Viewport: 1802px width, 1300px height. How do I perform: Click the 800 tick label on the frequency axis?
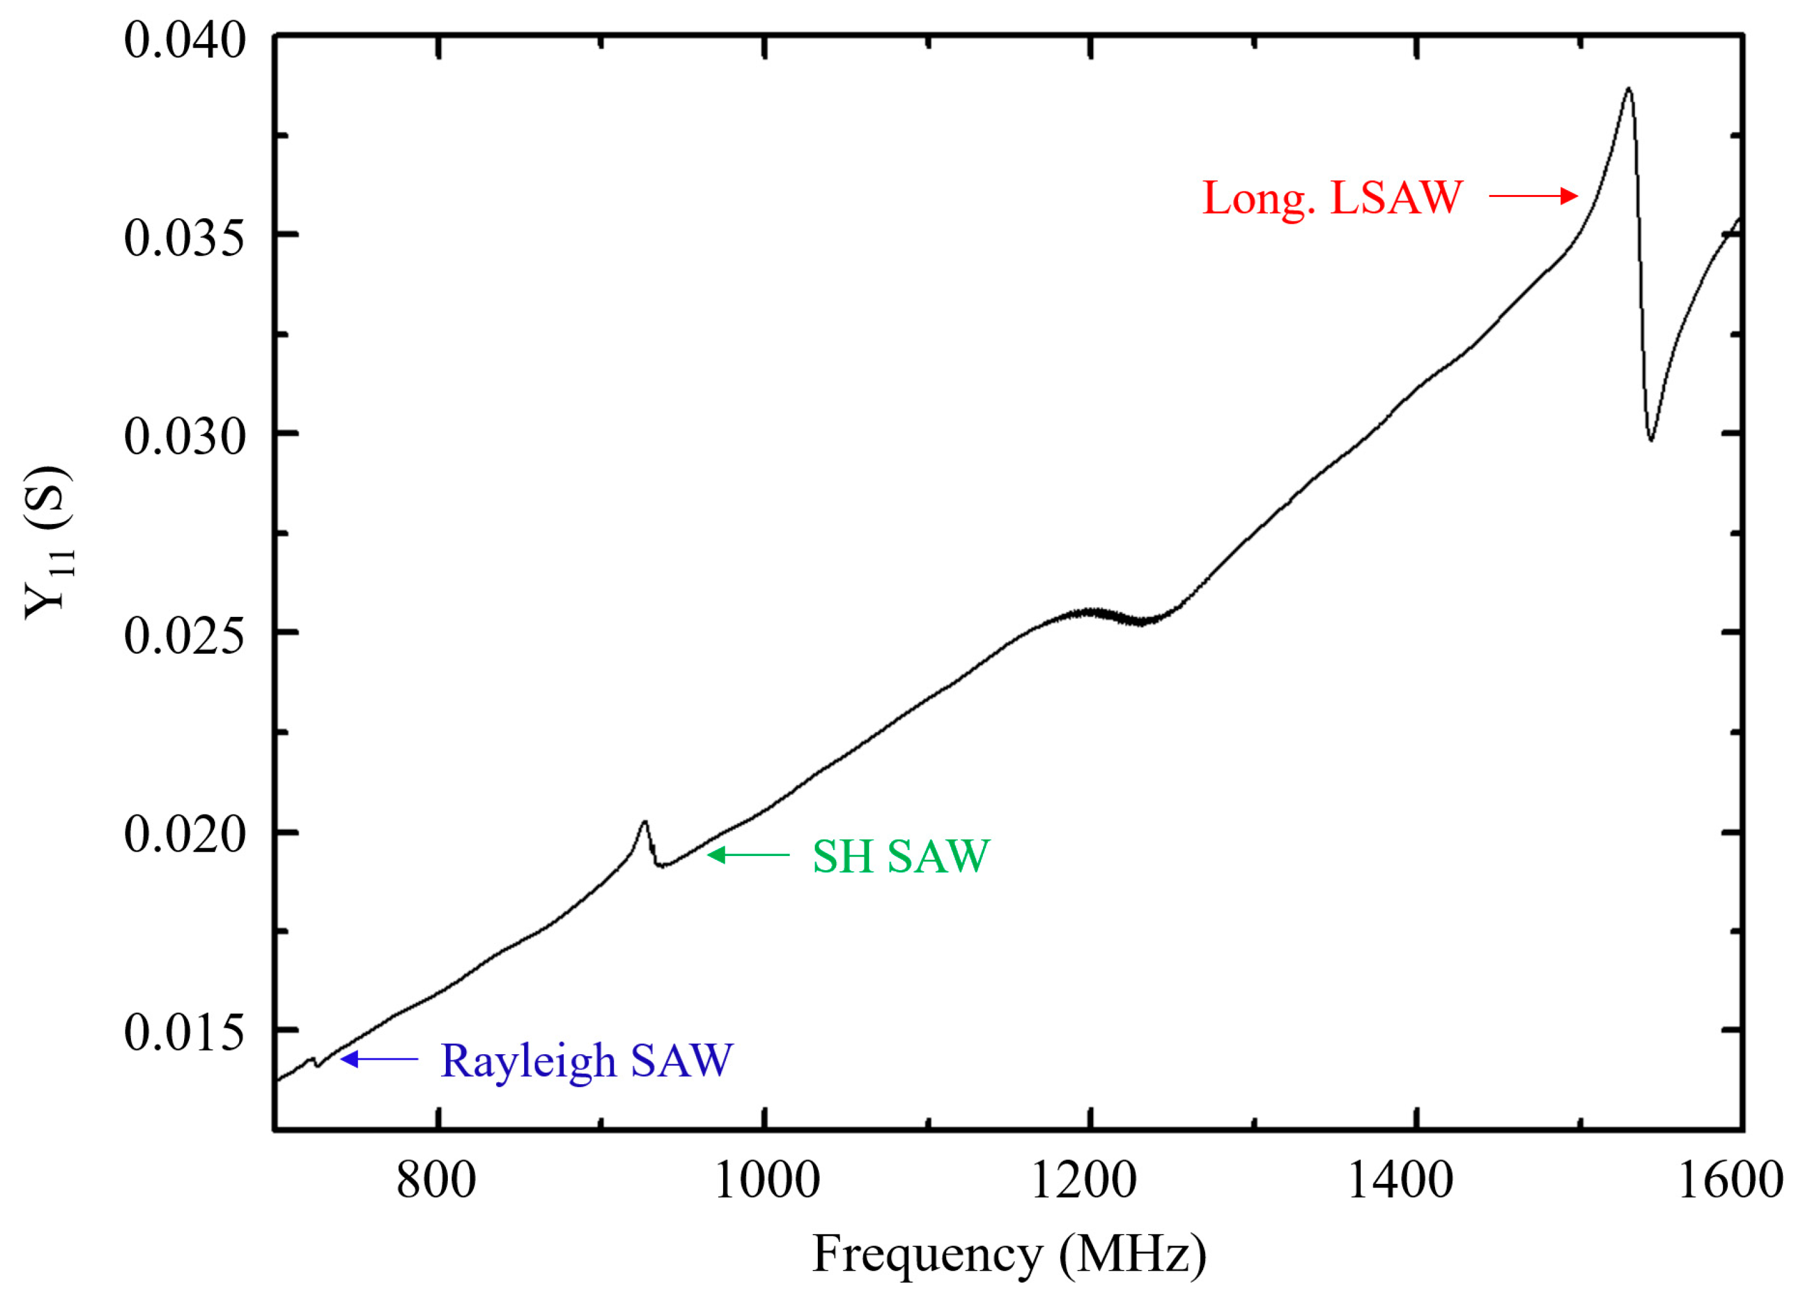[x=436, y=1180]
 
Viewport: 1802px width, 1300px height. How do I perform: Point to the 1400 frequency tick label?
[x=1400, y=1180]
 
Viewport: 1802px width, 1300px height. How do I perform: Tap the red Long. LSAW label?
[x=1332, y=198]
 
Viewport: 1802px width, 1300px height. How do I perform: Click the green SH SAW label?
[x=900, y=856]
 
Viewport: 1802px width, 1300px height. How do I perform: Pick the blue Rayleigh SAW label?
[x=587, y=1060]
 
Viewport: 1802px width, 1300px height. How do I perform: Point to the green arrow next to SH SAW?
[x=747, y=854]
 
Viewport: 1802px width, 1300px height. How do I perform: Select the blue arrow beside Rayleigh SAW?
[x=379, y=1058]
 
